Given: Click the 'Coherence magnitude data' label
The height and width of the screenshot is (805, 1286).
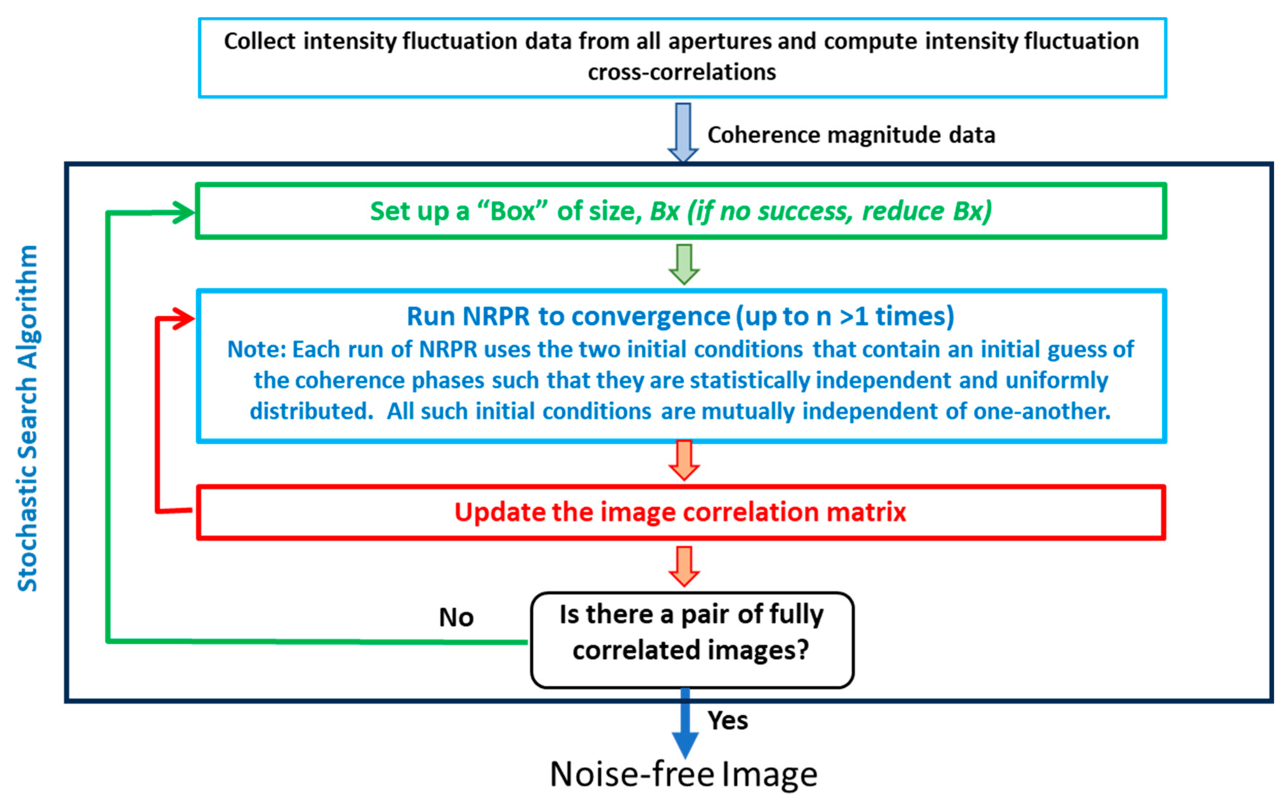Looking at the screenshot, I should tap(851, 135).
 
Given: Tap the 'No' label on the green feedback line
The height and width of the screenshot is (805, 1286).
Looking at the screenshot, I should tap(456, 618).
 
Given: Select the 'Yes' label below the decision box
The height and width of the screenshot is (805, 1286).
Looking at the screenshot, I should tap(728, 720).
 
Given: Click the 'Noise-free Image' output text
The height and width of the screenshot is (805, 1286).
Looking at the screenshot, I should tap(683, 774).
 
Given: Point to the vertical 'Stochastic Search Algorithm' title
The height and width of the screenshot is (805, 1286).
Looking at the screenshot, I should tap(28, 418).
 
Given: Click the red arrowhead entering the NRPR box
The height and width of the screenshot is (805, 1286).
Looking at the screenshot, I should tap(184, 319).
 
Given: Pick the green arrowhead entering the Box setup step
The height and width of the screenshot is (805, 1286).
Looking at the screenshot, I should tap(184, 213).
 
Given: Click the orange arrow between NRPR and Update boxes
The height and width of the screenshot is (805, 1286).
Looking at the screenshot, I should tap(684, 461).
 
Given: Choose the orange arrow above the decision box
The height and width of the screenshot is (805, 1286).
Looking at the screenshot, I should tap(684, 567).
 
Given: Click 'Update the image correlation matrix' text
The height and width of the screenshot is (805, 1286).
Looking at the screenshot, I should tap(680, 512).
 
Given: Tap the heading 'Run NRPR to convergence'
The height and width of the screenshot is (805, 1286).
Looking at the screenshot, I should tap(680, 316).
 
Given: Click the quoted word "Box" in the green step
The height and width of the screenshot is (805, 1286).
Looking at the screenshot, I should tap(512, 211).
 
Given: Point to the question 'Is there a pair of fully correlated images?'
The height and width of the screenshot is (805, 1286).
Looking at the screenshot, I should tap(691, 633).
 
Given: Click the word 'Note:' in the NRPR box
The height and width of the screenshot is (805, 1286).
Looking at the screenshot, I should tap(257, 350).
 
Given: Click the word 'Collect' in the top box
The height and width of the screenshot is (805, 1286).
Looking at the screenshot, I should tap(259, 42).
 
